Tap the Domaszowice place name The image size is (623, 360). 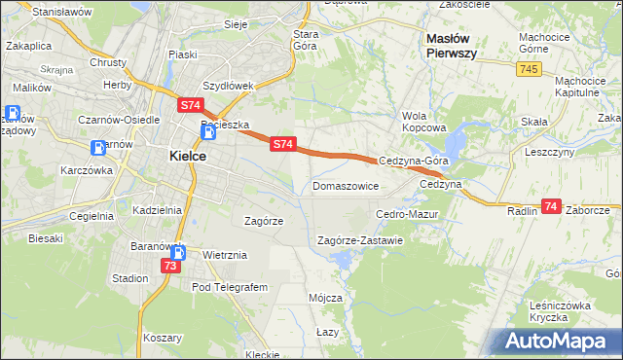coord(345,185)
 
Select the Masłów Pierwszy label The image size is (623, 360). coord(452,45)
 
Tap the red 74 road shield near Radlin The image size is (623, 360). coord(551,206)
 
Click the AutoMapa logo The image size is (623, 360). coord(558,342)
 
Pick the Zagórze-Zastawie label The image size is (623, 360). coord(360,239)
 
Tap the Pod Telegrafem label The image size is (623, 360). coord(229,288)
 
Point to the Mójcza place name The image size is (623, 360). coord(324,298)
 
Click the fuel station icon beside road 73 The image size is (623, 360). coord(178,252)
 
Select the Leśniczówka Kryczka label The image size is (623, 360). coord(562,311)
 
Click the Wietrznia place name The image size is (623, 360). coord(225,255)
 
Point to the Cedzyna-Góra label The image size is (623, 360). coord(414,161)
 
